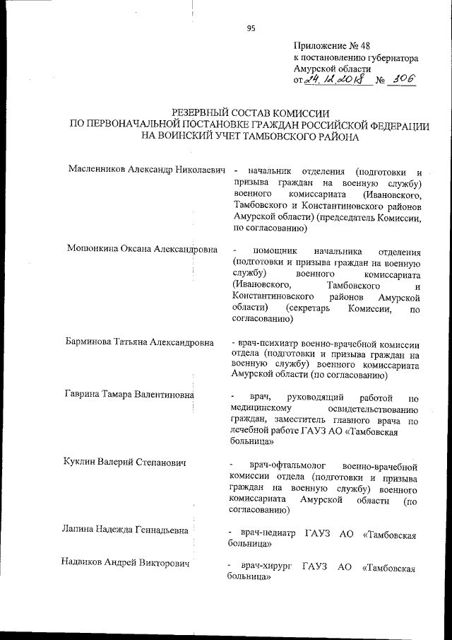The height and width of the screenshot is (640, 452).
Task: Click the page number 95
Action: coord(251,28)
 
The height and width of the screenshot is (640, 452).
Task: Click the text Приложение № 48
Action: coord(326,45)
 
